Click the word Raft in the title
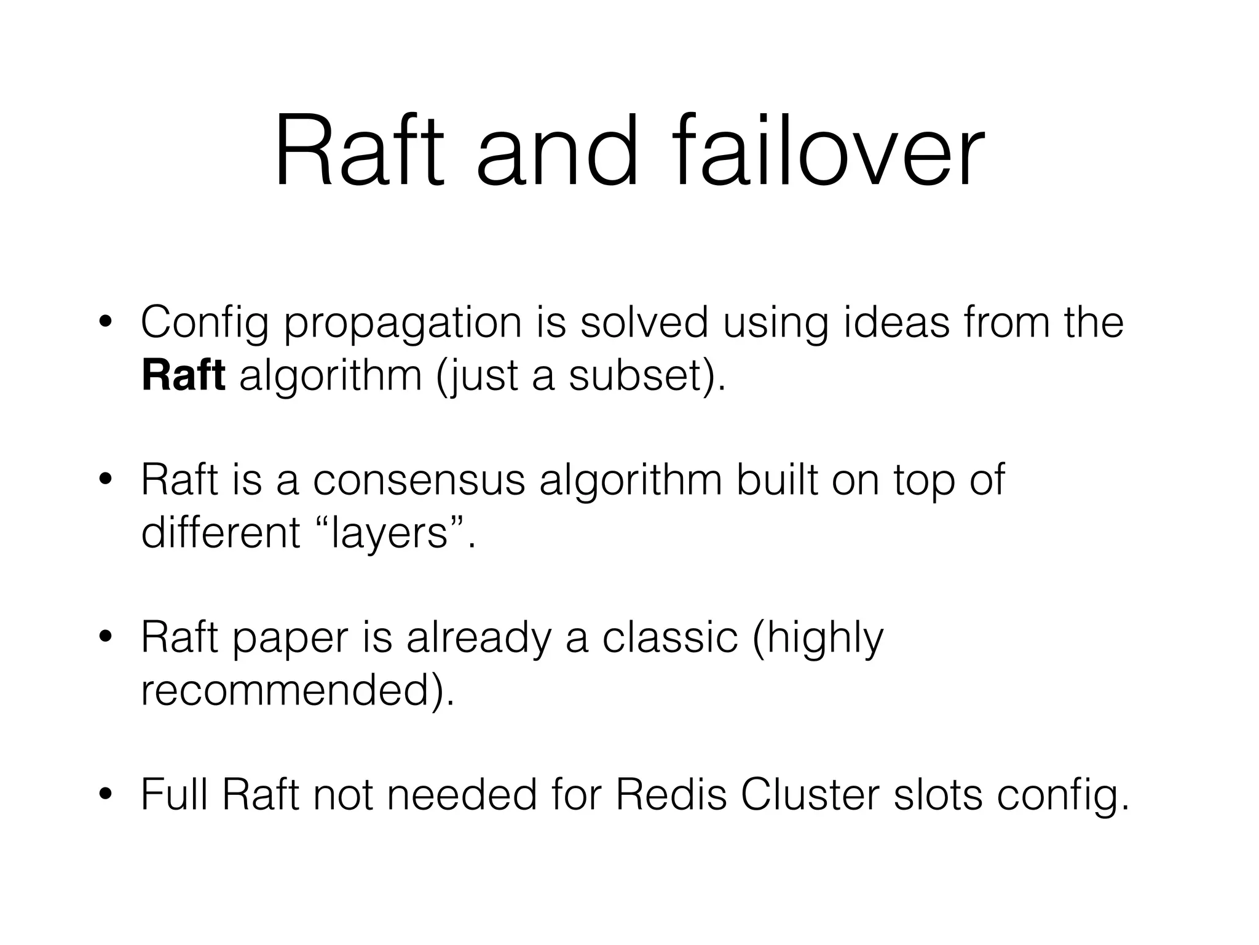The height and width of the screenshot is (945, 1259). click(359, 151)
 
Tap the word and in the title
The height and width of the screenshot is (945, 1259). click(557, 151)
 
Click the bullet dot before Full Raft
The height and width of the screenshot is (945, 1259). click(106, 795)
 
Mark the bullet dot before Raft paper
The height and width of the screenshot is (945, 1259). click(106, 638)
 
